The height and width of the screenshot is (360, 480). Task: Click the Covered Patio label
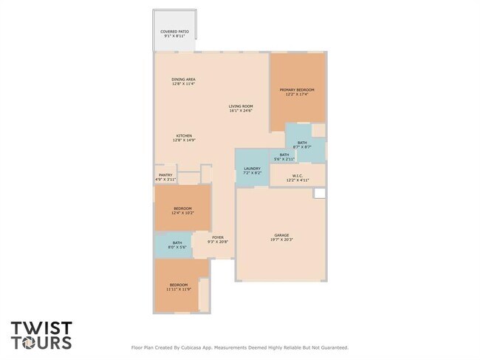(x=174, y=34)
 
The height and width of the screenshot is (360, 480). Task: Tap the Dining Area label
(x=183, y=81)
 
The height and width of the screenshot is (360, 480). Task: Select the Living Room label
(x=241, y=109)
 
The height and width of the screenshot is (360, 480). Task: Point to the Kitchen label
(x=184, y=137)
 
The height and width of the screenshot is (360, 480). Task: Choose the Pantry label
(x=165, y=177)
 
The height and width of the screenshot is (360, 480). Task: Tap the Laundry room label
(x=252, y=171)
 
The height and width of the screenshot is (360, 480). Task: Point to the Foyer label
(x=218, y=240)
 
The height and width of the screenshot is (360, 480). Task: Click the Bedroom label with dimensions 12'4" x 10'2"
(x=182, y=211)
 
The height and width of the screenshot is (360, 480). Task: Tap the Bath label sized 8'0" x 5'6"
(x=177, y=245)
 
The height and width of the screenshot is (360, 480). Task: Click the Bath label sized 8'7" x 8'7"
(x=302, y=145)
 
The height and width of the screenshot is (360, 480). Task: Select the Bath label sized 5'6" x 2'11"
(x=284, y=157)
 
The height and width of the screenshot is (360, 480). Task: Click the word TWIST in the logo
(x=41, y=327)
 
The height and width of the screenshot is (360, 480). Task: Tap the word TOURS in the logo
(x=41, y=342)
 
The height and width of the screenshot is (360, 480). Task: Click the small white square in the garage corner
(x=320, y=193)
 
